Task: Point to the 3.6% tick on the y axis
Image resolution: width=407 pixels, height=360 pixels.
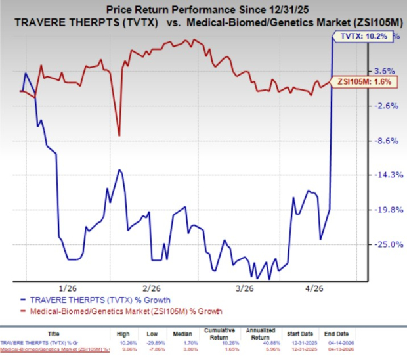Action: pos(384,71)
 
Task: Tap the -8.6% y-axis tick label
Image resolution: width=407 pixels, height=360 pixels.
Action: pos(384,141)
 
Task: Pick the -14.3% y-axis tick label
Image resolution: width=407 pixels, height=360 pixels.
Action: pos(384,175)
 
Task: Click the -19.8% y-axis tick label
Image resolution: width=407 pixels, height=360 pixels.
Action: pos(384,210)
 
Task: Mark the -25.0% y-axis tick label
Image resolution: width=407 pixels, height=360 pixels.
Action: pos(384,244)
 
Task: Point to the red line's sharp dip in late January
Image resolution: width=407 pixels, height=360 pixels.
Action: pos(119,135)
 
